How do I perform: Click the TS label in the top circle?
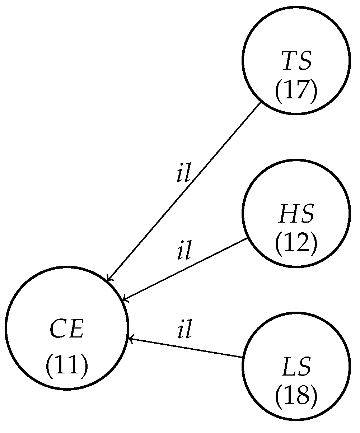click(296, 61)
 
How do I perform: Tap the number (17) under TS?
click(296, 91)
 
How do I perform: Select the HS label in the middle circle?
click(296, 214)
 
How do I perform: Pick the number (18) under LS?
click(296, 396)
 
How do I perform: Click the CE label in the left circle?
click(67, 329)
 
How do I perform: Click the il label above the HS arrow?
click(184, 252)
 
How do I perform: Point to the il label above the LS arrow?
click(184, 331)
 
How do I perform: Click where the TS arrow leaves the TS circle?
click(261, 102)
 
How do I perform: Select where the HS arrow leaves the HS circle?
click(248, 238)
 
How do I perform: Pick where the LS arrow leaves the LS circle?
click(243, 357)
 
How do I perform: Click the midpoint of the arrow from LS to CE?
click(186, 348)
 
